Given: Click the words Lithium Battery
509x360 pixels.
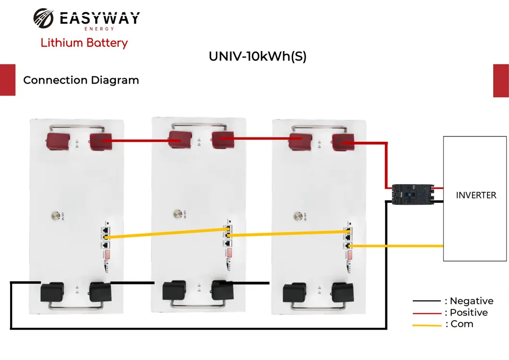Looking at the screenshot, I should click(84, 43).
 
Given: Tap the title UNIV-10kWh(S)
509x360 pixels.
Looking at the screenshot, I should click(257, 56).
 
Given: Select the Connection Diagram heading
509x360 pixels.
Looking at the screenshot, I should click(81, 80).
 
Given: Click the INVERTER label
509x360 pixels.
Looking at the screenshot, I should click(476, 195).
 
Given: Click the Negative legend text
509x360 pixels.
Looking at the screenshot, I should click(469, 301).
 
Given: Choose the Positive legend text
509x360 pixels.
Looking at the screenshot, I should click(467, 313).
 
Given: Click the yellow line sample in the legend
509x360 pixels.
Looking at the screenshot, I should click(427, 325).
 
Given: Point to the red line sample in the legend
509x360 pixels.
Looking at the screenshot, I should click(427, 313).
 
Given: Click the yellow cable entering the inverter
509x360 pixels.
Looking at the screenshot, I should click(399, 246).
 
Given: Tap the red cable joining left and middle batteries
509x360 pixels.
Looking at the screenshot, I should click(139, 141).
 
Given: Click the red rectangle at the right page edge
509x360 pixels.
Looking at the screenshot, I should click(501, 80).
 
